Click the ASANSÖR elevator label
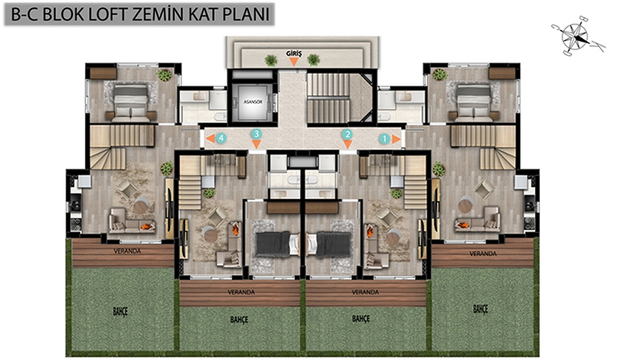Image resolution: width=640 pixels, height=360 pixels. tap(252, 102)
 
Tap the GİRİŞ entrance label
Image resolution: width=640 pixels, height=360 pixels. tap(294, 54)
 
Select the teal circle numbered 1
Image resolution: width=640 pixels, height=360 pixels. tap(384, 139)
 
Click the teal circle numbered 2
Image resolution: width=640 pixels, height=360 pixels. tap(347, 134)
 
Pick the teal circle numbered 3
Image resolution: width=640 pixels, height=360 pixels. tap(256, 134)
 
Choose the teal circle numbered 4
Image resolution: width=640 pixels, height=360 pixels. tap(221, 138)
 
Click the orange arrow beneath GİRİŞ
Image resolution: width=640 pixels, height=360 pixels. tap(294, 62)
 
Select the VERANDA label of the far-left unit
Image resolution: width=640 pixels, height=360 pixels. tap(127, 251)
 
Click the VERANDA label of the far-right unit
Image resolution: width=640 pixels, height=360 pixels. tap(483, 254)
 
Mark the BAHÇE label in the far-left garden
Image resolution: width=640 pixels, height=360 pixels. tap(121, 311)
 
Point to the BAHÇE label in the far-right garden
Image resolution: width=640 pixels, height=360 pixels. tap(481, 309)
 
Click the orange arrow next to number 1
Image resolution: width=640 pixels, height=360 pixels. tap(396, 139)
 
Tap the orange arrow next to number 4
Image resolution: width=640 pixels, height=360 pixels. tap(210, 138)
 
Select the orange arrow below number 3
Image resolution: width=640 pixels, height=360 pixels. tap(256, 144)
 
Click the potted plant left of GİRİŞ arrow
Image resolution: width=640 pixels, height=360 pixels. tap(271, 61)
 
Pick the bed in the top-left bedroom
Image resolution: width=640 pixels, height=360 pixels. tap(131, 103)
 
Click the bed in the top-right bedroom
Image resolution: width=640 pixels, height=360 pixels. tap(474, 103)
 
